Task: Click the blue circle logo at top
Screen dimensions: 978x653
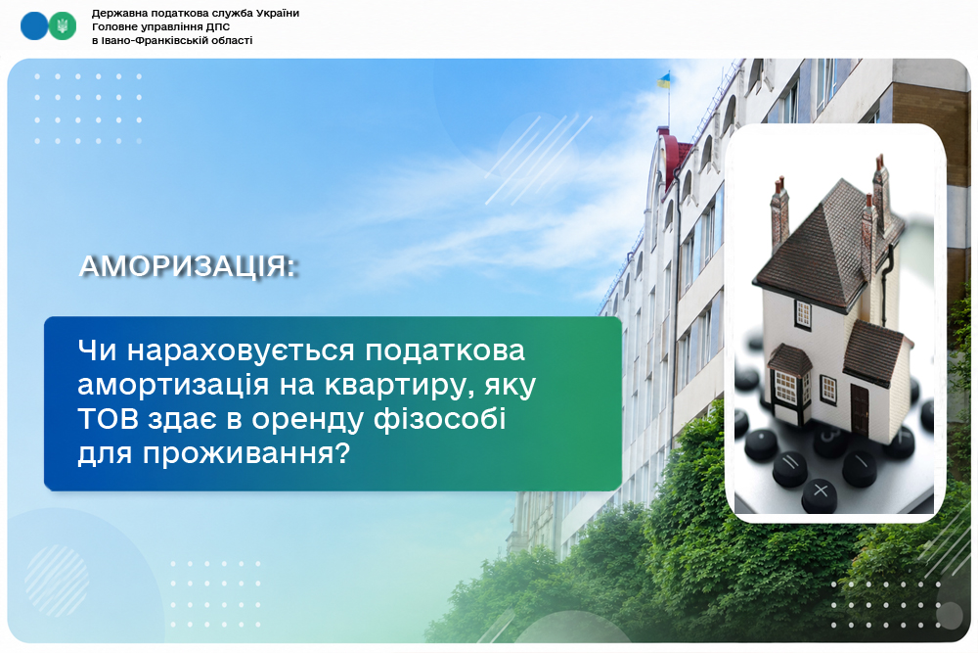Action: tap(33, 26)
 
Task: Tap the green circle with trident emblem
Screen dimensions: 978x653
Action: tap(63, 26)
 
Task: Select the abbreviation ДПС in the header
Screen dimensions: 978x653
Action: tap(218, 26)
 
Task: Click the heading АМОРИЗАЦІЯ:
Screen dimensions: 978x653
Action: tap(188, 266)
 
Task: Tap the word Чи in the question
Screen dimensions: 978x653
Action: tap(97, 350)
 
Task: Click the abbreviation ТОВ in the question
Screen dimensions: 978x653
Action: tap(108, 418)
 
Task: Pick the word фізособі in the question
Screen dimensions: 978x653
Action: tap(440, 418)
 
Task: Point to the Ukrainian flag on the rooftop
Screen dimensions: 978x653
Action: tap(664, 80)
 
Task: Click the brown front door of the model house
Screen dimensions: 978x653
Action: tap(860, 409)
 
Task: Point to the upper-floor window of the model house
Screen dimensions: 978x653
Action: tap(803, 313)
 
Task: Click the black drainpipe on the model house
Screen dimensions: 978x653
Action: tap(886, 281)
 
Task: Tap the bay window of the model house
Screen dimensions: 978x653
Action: tap(788, 385)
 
